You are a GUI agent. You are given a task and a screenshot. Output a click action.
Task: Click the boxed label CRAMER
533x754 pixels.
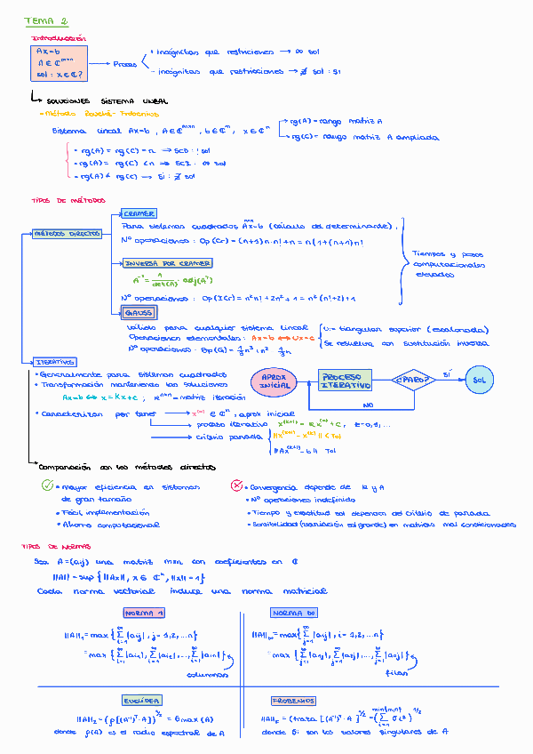point(139,213)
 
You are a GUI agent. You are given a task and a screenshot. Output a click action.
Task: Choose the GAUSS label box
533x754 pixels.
point(139,312)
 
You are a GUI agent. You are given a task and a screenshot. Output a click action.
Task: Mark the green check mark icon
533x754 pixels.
point(48,485)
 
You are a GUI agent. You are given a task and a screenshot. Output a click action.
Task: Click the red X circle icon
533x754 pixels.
point(235,485)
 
